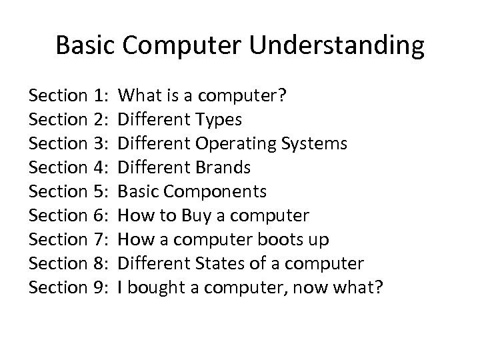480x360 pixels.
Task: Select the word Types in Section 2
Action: point(223,120)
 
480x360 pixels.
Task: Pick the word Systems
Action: point(318,144)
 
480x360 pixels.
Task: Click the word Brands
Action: point(227,168)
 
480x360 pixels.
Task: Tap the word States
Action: point(225,264)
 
